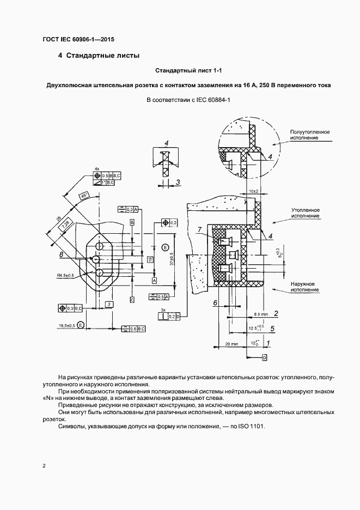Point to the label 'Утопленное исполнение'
305,212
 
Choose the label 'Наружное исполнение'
305,287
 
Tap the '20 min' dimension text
231,344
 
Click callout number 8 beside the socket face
61,254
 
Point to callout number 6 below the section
215,302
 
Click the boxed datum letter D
264,357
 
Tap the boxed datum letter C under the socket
132,300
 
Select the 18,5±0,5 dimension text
67,325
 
